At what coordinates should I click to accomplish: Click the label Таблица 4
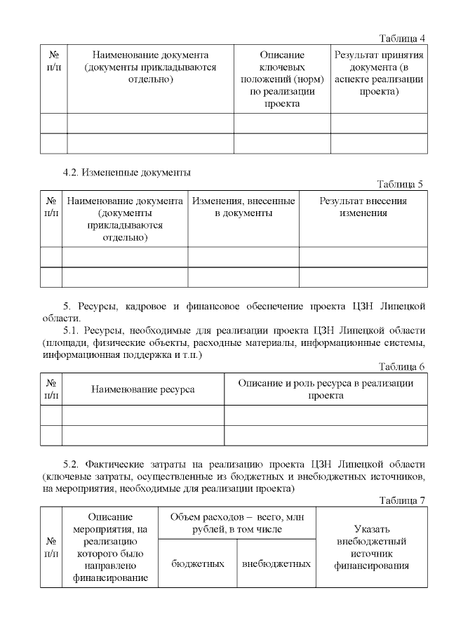coord(403,38)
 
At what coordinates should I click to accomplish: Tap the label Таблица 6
coord(402,366)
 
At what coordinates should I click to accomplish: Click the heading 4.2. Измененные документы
coord(127,172)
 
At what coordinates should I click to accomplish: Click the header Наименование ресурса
coord(143,389)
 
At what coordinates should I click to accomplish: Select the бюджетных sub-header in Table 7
coord(198,563)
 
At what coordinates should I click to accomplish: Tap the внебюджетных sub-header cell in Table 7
coord(276,563)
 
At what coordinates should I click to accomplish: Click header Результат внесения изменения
coord(363,207)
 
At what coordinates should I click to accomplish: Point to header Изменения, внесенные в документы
coord(243,207)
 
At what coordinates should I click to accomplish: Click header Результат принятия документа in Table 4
coord(379,73)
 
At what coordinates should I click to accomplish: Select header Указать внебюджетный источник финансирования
coord(371,547)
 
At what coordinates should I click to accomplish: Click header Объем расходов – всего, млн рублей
coord(236,523)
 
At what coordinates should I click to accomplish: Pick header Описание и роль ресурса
coord(326,389)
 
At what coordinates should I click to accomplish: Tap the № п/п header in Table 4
coord(53,60)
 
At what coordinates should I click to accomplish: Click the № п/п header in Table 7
coord(52,547)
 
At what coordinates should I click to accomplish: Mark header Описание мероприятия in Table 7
coord(111,547)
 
